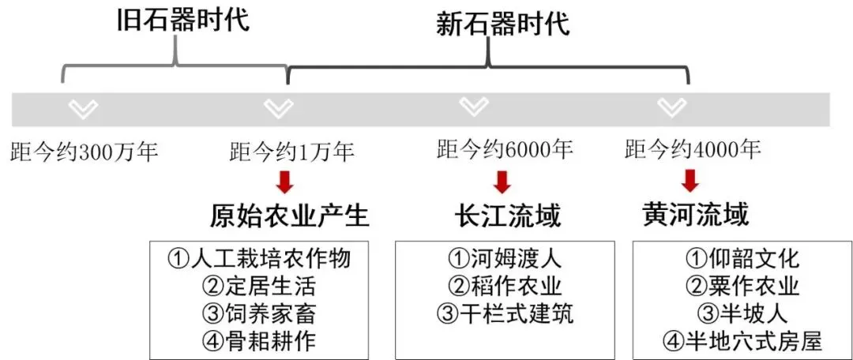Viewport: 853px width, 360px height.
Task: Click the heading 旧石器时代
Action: [x=183, y=20]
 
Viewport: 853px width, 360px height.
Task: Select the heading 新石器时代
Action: [x=502, y=24]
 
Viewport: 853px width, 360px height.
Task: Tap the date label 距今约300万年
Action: [x=85, y=153]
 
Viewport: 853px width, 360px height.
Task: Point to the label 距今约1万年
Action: [x=292, y=152]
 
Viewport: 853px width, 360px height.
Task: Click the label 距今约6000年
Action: [x=505, y=149]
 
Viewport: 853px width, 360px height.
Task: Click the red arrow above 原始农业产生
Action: [x=284, y=182]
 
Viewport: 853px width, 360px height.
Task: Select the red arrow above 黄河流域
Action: [x=691, y=181]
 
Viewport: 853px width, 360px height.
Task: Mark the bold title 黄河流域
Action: [x=695, y=216]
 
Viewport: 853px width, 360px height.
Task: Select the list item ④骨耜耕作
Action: [x=258, y=341]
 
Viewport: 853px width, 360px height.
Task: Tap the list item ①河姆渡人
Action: [x=504, y=258]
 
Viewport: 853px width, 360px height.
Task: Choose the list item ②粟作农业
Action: [x=742, y=286]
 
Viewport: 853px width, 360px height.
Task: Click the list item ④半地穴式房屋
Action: [x=742, y=341]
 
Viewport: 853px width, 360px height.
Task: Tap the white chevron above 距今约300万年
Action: [x=83, y=109]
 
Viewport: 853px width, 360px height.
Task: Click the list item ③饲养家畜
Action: [x=258, y=313]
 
